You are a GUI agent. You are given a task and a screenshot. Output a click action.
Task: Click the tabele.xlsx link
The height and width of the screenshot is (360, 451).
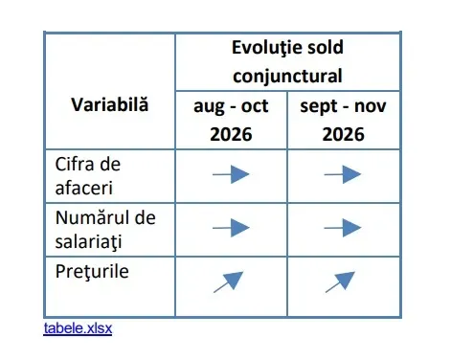pos(78,328)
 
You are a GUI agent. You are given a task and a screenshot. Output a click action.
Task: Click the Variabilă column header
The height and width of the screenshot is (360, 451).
pos(110,104)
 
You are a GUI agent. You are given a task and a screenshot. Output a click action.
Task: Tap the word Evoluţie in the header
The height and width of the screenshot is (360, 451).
pos(261,48)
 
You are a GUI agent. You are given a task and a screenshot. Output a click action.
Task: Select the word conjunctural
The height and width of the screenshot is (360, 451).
pos(287,77)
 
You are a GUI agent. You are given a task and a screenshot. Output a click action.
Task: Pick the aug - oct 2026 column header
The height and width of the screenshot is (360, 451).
pos(231,120)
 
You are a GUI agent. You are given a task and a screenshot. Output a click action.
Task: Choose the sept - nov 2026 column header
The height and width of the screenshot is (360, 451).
pos(343,120)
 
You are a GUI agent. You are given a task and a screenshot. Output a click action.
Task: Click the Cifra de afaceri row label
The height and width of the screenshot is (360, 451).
pos(88,176)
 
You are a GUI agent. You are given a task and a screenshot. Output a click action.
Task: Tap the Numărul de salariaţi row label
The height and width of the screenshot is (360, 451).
pos(105,230)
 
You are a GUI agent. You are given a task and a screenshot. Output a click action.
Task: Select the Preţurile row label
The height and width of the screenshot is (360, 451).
pos(92,272)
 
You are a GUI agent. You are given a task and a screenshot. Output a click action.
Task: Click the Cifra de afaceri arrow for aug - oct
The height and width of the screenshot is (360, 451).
pos(231,174)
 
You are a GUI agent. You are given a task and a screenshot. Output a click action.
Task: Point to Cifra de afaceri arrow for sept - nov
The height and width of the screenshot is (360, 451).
pos(343,174)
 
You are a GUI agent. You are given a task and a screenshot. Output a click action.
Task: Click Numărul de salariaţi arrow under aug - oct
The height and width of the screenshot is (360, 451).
pos(231,228)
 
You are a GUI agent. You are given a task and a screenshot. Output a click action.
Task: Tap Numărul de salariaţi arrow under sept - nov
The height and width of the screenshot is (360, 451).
pos(343,228)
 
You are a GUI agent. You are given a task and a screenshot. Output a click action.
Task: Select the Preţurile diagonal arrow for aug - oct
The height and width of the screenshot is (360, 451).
pos(229,281)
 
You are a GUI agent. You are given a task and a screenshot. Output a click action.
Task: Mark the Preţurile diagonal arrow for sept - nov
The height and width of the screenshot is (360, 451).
pos(340,281)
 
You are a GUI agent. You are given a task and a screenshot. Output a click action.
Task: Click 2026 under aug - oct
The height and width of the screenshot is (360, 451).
pos(231,134)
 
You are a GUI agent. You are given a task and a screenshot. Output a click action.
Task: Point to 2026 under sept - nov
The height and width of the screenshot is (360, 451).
pos(343,134)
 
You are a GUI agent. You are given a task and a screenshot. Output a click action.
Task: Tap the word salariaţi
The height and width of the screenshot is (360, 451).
pos(88,241)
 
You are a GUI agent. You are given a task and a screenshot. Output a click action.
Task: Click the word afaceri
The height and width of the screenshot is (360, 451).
pos(84,188)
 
